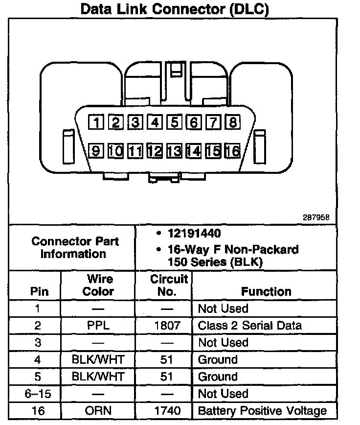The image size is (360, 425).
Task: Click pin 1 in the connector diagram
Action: [x=98, y=122]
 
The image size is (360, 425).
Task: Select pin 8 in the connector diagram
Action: [x=233, y=122]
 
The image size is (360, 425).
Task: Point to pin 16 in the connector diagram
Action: [x=233, y=151]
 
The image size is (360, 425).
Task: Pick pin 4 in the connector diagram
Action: [x=156, y=122]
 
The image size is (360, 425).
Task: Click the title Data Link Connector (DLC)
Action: [x=175, y=10]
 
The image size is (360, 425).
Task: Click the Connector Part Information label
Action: [x=74, y=247]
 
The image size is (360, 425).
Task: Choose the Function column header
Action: [x=266, y=291]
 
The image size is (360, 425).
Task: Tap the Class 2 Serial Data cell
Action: [x=249, y=326]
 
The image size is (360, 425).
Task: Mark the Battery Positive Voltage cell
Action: [x=262, y=410]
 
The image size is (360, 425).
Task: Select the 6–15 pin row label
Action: [x=38, y=394]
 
